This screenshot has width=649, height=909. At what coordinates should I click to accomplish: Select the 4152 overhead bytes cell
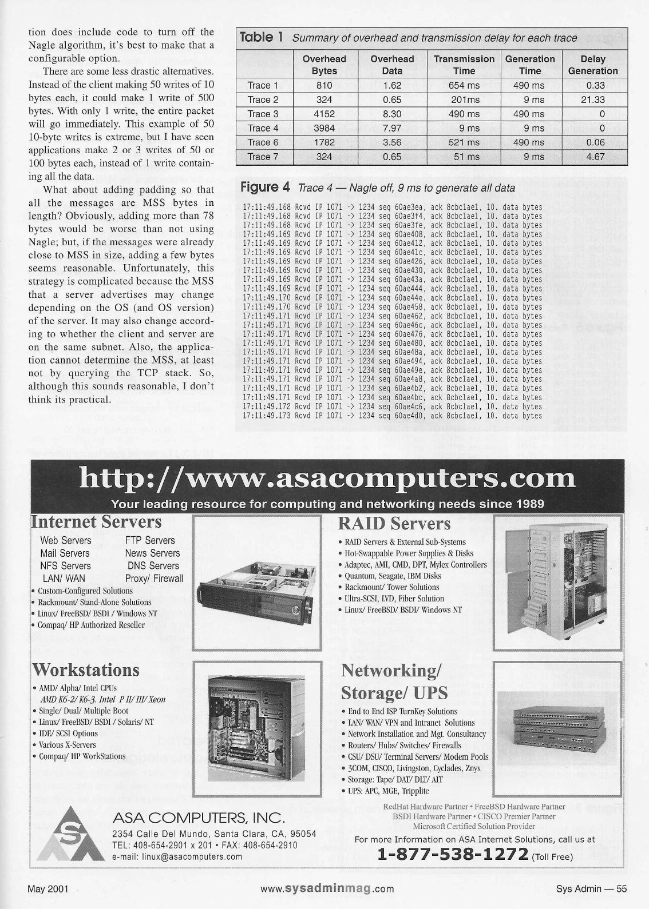pyautogui.click(x=324, y=114)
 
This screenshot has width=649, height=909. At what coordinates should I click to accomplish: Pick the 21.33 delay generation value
pyautogui.click(x=592, y=99)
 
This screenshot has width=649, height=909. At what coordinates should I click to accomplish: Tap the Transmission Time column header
pyautogui.click(x=464, y=65)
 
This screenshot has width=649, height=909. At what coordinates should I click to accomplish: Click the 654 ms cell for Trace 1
pyautogui.click(x=464, y=85)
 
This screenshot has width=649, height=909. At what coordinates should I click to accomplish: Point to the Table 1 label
pyautogui.click(x=262, y=38)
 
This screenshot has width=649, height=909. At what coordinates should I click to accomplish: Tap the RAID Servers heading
pyautogui.click(x=394, y=523)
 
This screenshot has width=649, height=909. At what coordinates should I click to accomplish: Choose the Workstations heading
pyautogui.click(x=86, y=669)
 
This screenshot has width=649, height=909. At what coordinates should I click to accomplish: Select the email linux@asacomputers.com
pyautogui.click(x=177, y=856)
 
